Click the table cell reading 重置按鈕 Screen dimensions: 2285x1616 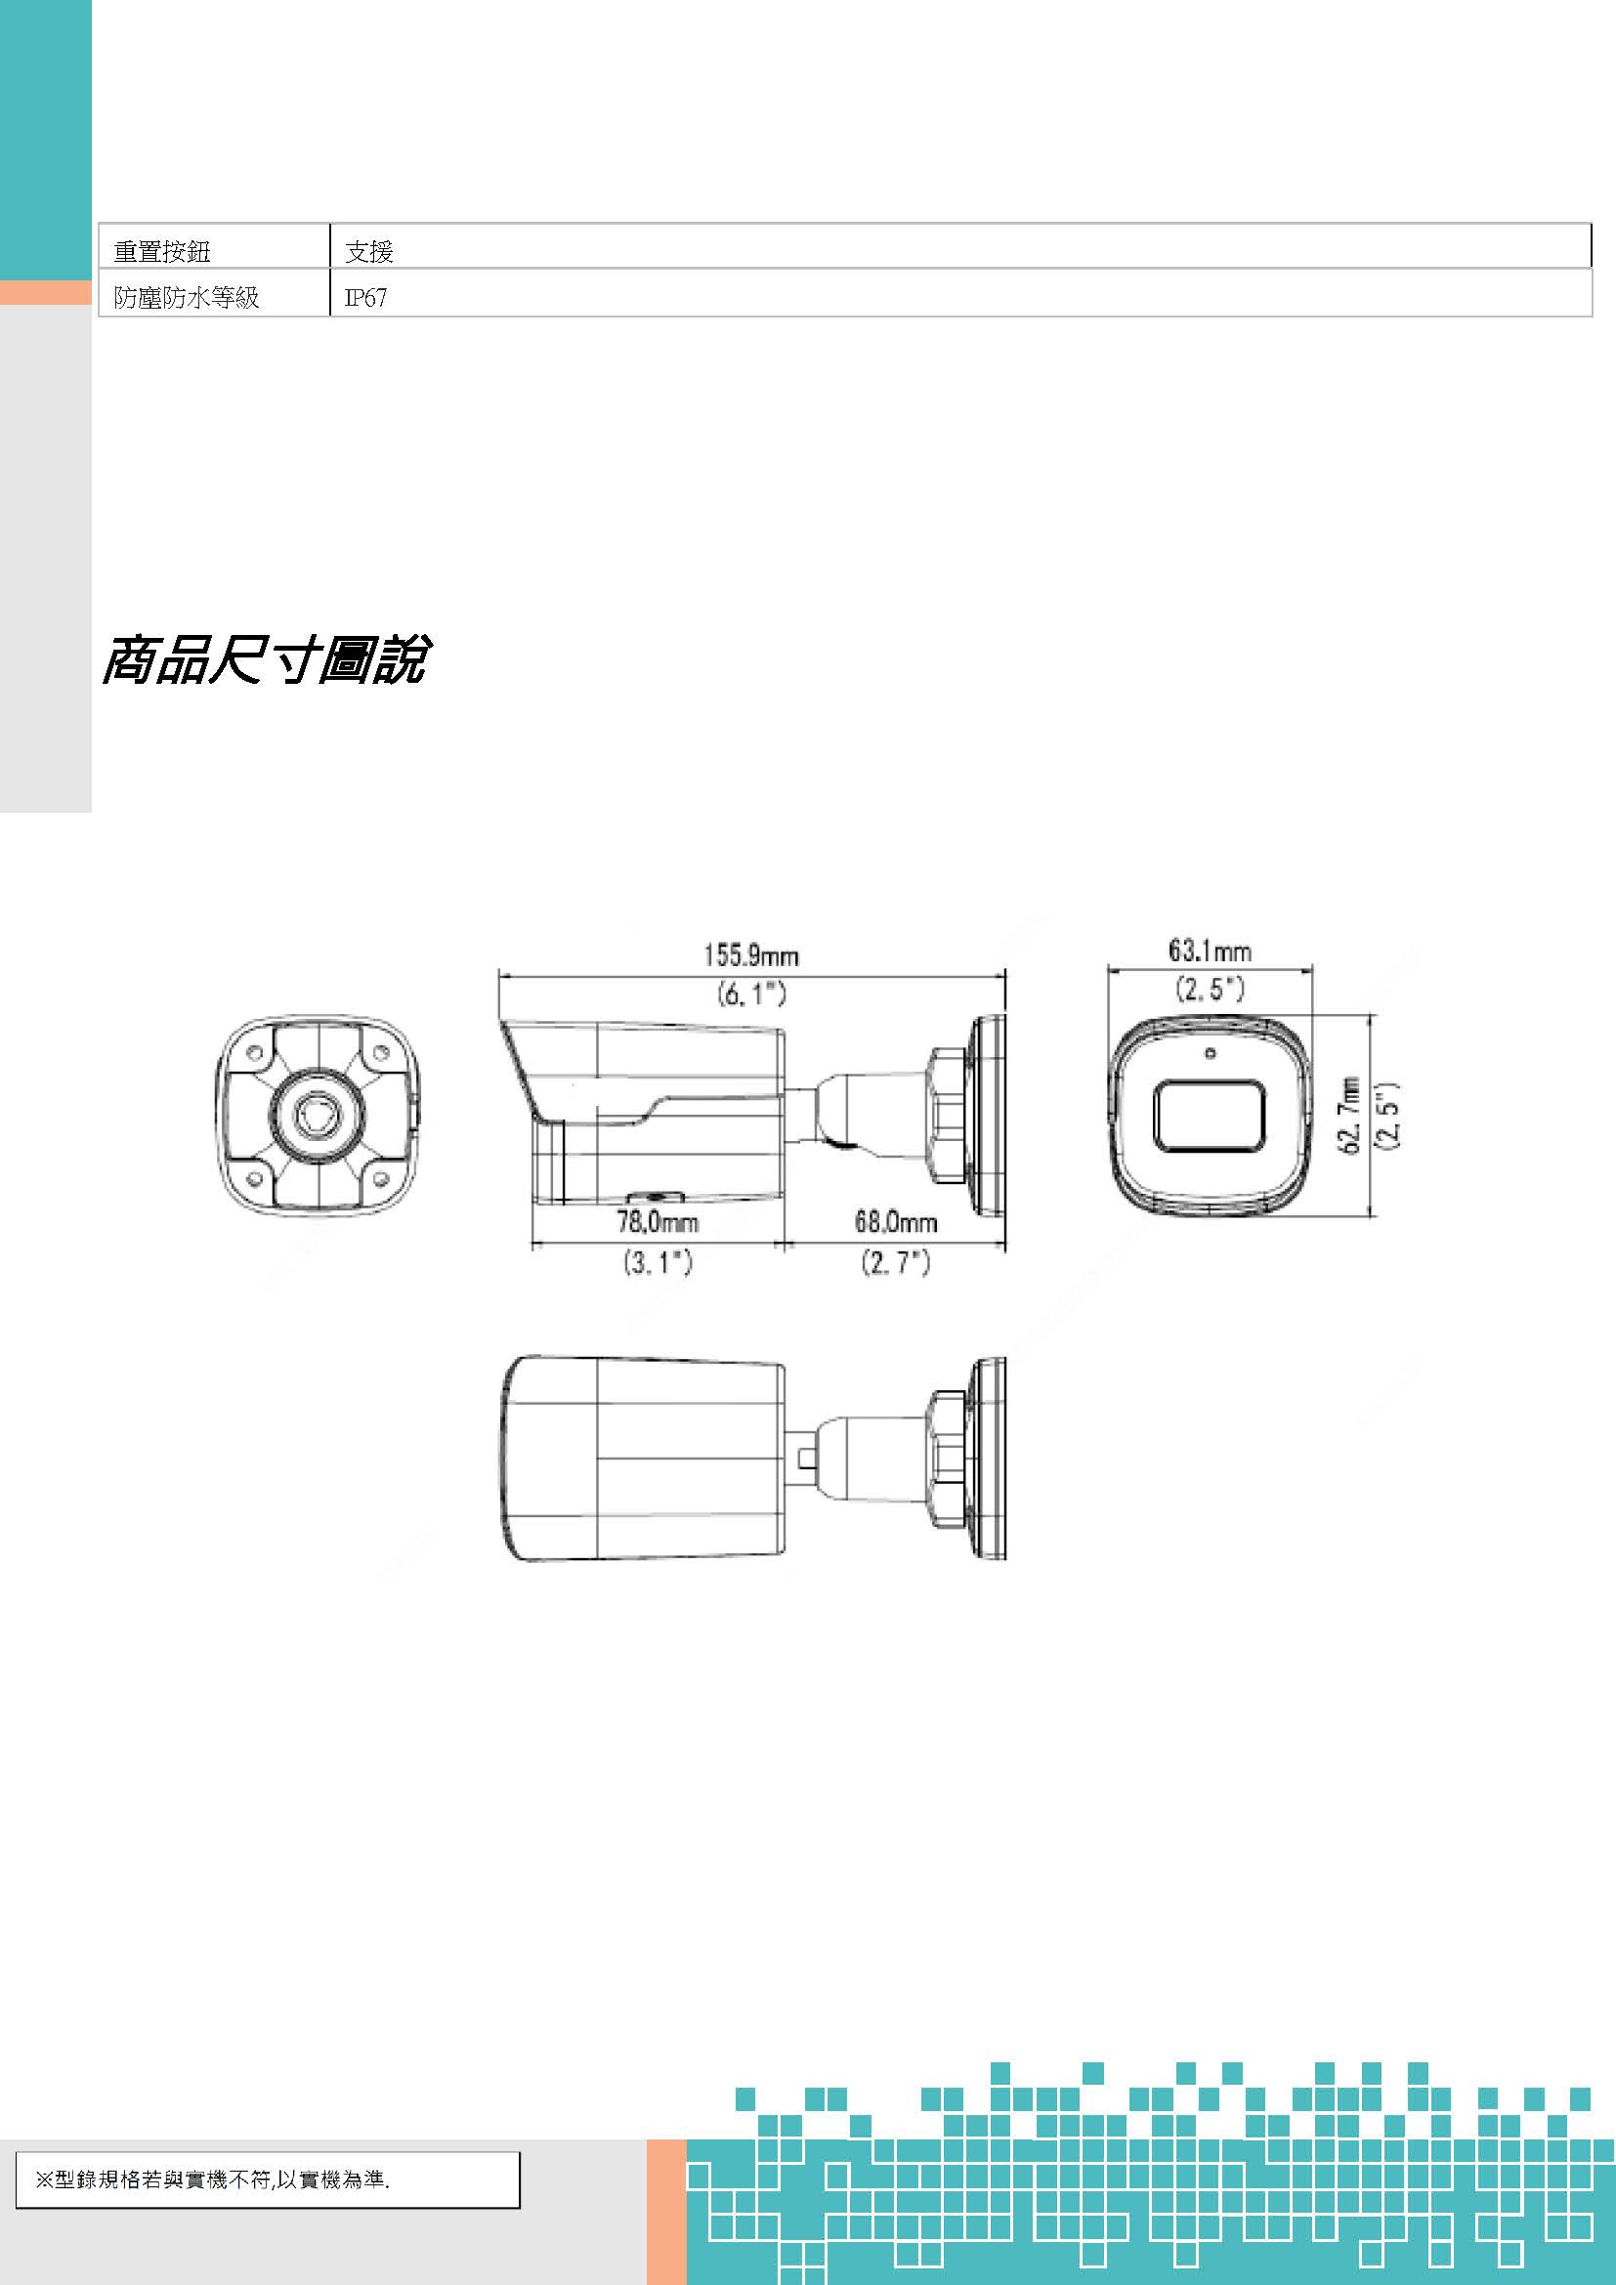[162, 252]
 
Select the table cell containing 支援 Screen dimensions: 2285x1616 [369, 252]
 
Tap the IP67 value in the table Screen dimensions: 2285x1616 [365, 298]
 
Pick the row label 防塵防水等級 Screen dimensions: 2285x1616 [186, 298]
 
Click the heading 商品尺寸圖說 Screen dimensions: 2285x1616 [265, 658]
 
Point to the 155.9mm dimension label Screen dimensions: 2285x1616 [751, 955]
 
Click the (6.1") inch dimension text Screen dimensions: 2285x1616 [751, 994]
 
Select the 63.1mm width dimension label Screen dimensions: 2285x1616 [1209, 951]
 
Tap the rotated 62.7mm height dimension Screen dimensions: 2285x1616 [1350, 1115]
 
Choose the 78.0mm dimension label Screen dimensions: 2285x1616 [658, 1222]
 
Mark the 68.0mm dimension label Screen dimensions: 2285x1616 [896, 1222]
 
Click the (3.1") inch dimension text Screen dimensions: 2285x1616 [658, 1262]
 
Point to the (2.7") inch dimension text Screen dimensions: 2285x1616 [896, 1262]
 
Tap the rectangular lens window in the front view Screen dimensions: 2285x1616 [1209, 1116]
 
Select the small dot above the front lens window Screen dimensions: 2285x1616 [1210, 1053]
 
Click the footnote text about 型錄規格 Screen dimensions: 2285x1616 [212, 2180]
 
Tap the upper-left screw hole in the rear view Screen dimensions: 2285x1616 [255, 1053]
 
